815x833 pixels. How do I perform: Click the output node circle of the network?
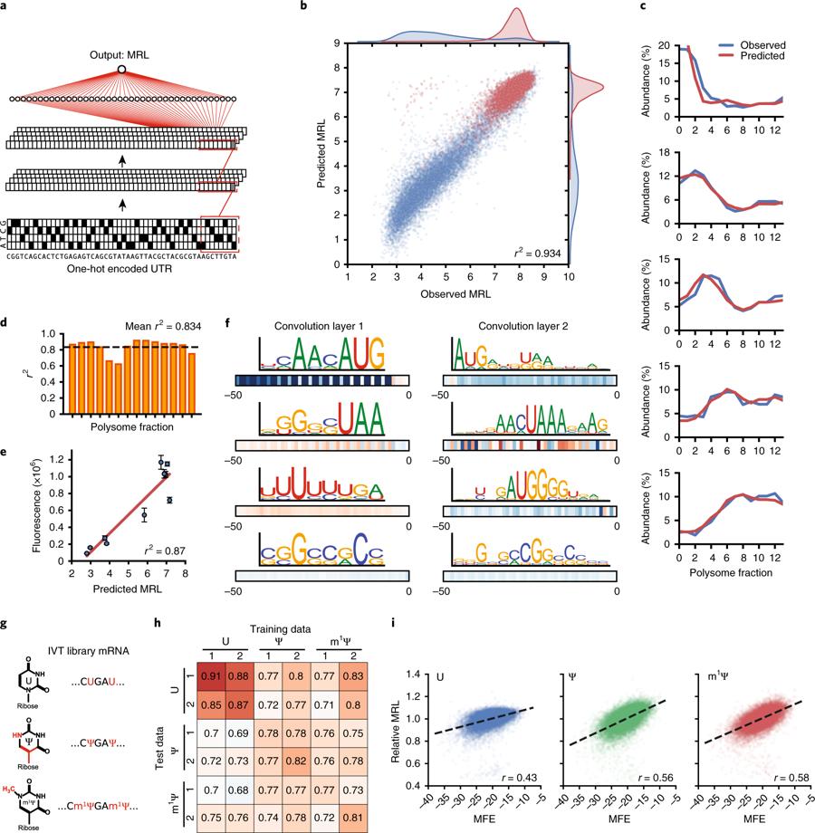pos(120,70)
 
